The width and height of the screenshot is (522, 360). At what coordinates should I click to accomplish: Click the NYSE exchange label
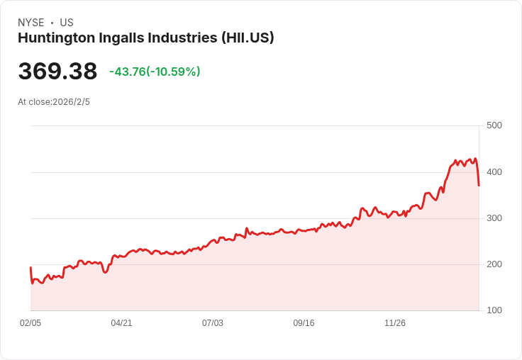point(31,23)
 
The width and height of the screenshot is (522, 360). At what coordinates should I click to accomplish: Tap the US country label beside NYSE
point(67,23)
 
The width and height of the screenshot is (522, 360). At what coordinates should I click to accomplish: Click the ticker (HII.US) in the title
point(248,38)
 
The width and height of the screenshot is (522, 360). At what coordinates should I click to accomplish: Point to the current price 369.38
point(57,72)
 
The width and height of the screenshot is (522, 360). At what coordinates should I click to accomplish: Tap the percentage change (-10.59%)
point(173,72)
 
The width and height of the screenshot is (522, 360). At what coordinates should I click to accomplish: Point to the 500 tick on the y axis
point(494,125)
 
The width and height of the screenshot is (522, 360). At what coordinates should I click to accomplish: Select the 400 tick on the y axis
point(494,172)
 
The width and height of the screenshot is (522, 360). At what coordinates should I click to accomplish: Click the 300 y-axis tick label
point(494,218)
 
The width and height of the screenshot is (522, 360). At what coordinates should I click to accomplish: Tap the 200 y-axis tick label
point(494,264)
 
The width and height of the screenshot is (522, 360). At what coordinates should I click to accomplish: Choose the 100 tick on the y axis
point(494,310)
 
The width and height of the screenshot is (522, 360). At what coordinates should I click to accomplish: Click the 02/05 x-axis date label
point(30,323)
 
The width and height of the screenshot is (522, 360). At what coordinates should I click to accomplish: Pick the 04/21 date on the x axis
point(121,323)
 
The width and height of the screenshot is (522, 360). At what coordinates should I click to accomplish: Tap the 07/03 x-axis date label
point(213,323)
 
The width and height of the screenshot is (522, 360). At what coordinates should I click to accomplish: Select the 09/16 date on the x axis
point(304,323)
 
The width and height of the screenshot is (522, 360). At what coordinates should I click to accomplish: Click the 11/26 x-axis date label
point(395,323)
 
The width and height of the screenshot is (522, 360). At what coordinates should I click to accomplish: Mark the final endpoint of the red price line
point(479,186)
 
